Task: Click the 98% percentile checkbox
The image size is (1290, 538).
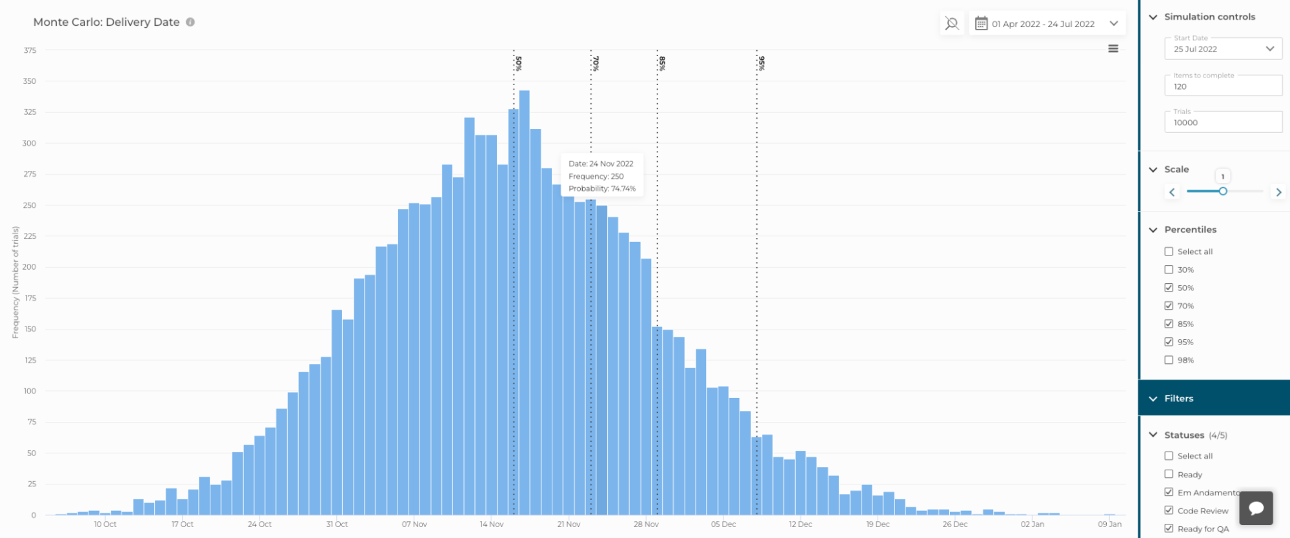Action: click(1169, 360)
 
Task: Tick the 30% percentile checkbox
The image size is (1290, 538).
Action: click(1169, 270)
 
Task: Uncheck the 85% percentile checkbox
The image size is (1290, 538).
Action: click(1169, 324)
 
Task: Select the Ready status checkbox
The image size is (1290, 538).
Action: click(1169, 474)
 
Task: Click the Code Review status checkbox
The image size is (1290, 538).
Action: click(1169, 510)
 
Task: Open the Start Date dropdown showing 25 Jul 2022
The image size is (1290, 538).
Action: click(1222, 49)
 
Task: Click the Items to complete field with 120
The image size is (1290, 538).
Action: click(1222, 86)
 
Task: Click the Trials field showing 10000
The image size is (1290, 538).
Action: click(1222, 123)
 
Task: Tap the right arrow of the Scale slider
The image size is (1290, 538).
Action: click(1278, 192)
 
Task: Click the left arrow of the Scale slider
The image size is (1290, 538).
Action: click(1173, 192)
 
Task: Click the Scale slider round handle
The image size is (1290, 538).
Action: click(1223, 191)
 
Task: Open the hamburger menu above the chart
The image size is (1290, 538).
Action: click(1113, 48)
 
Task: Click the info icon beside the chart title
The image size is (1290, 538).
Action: click(190, 22)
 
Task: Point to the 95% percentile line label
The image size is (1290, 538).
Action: click(761, 63)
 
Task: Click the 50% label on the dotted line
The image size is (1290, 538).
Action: click(519, 63)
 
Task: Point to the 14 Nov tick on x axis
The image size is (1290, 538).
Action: click(492, 524)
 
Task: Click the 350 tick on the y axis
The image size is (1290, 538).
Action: click(30, 81)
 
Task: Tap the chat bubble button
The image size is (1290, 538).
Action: click(1256, 508)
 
